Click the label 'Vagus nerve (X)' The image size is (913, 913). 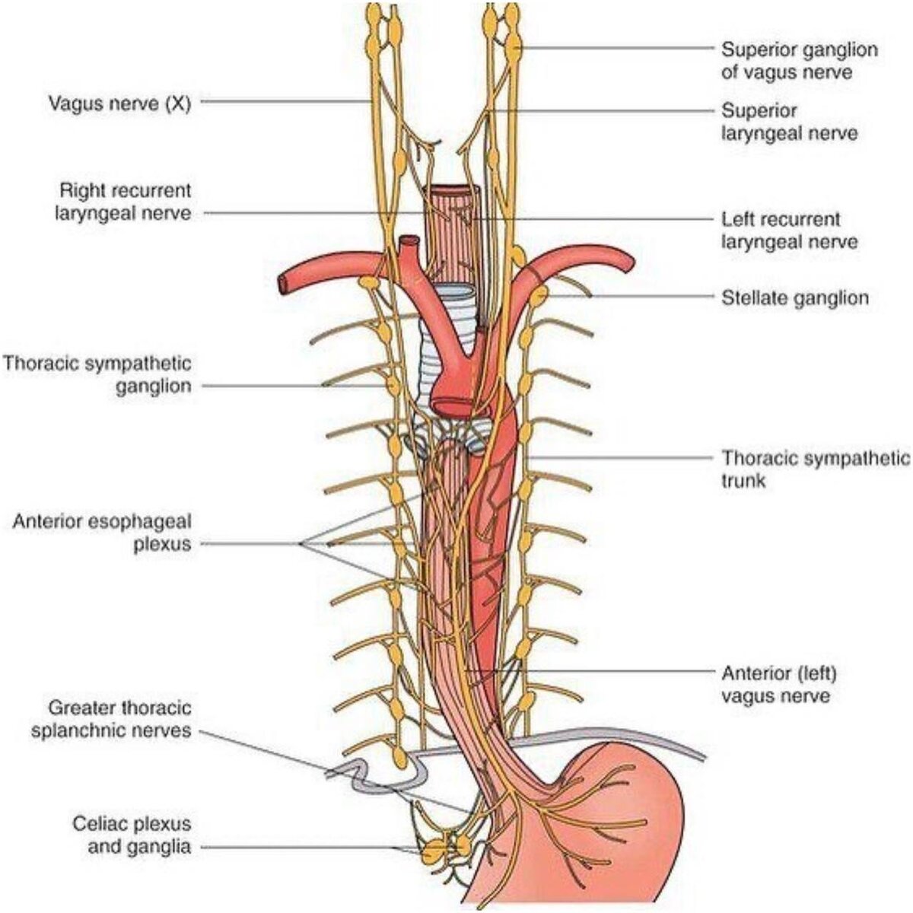pos(119,102)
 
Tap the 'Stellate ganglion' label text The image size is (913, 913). pos(794,297)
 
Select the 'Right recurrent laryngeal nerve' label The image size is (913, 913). pos(122,202)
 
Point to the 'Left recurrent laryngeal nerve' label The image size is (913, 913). pos(789,231)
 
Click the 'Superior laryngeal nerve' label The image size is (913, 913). pos(789,122)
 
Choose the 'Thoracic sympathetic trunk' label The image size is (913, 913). pos(815,469)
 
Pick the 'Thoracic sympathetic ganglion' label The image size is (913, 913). pos(97,374)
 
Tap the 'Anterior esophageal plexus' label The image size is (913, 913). pos(102,533)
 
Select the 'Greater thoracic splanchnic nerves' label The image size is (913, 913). pos(112,720)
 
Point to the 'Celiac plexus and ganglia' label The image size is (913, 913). pos(132,835)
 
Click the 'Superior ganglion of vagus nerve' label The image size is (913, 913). pos(799,61)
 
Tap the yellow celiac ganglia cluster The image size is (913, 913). pos(445,848)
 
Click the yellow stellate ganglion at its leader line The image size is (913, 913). pos(539,295)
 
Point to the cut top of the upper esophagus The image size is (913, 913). pos(452,191)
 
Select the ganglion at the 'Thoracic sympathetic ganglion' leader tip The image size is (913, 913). pos(393,385)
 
